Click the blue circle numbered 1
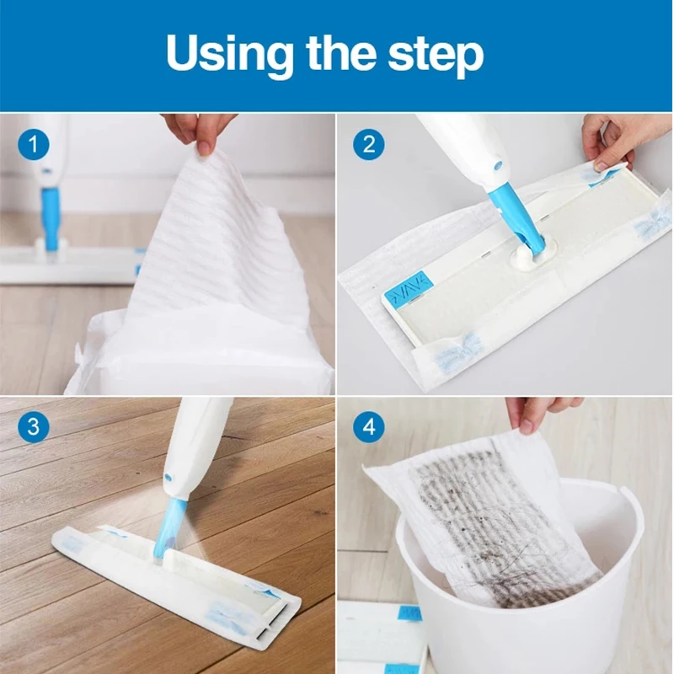(x=34, y=144)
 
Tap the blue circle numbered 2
(x=369, y=144)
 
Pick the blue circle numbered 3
(x=34, y=427)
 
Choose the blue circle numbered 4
(x=369, y=427)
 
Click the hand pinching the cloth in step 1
(x=200, y=131)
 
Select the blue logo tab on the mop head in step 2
(x=409, y=286)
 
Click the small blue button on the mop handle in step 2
(x=498, y=165)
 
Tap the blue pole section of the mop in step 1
(x=50, y=218)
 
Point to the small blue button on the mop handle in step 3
(x=168, y=478)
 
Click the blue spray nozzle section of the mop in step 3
(x=170, y=527)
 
